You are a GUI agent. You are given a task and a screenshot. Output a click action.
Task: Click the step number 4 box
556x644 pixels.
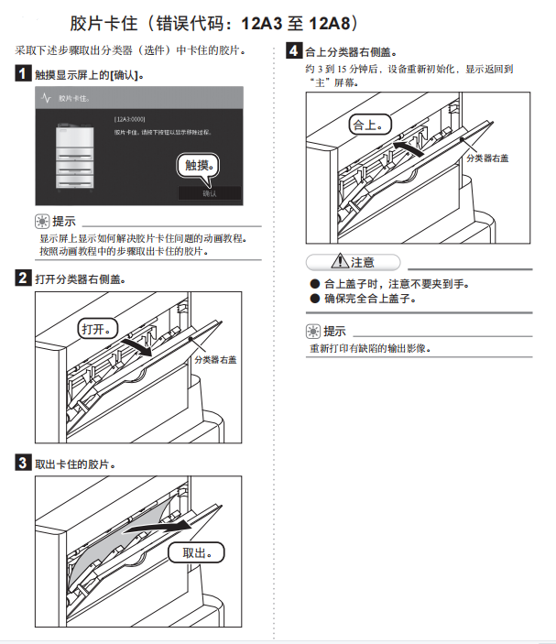(294, 51)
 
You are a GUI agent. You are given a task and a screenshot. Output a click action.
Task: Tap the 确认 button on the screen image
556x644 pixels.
(209, 193)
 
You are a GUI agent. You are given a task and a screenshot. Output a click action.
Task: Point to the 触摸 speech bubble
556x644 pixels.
(199, 165)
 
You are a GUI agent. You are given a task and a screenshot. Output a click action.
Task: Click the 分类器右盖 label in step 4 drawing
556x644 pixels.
(487, 158)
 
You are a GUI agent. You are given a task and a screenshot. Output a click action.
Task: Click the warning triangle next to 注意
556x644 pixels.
(341, 262)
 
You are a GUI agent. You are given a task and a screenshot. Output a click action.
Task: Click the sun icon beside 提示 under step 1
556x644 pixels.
(41, 221)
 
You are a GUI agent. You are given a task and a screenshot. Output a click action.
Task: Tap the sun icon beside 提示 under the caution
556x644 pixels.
(313, 331)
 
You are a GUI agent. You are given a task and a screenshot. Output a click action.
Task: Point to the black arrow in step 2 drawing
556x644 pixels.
(137, 344)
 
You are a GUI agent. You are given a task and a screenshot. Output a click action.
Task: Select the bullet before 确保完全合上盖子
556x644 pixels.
(314, 299)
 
